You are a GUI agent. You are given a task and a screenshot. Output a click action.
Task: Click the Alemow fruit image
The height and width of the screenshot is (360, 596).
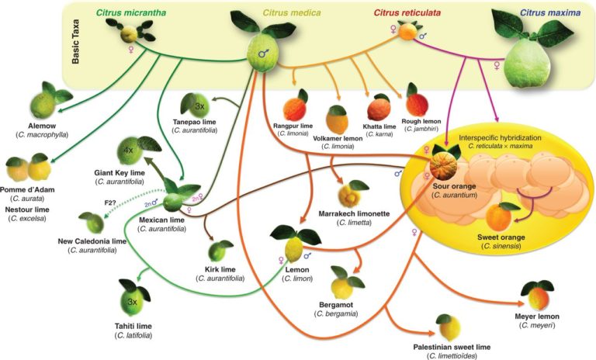[x=43, y=103]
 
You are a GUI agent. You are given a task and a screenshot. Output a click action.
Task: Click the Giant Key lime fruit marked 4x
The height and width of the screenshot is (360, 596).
[x=130, y=149]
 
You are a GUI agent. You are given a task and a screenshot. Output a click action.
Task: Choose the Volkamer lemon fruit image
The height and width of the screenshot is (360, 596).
[x=337, y=118]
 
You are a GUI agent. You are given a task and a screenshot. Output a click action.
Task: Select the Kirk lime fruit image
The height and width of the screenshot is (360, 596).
[x=220, y=250]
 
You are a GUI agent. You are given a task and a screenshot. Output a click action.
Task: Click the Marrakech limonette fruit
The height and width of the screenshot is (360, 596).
[x=358, y=191]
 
